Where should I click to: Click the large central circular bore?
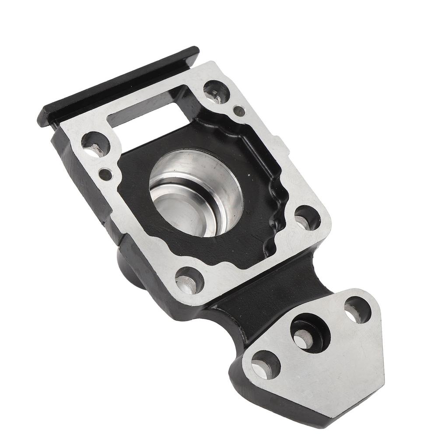pos(196,192)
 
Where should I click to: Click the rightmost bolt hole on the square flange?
pos(308,217)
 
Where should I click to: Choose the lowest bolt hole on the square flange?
pos(189,280)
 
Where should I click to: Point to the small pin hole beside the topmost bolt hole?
pos(239,111)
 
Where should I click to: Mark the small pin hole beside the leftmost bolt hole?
pos(105,175)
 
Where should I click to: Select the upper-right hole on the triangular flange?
pos(357,310)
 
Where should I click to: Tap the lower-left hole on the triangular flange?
pos(265,364)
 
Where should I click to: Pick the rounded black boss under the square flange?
pos(129,267)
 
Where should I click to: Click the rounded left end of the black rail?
pos(44,116)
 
